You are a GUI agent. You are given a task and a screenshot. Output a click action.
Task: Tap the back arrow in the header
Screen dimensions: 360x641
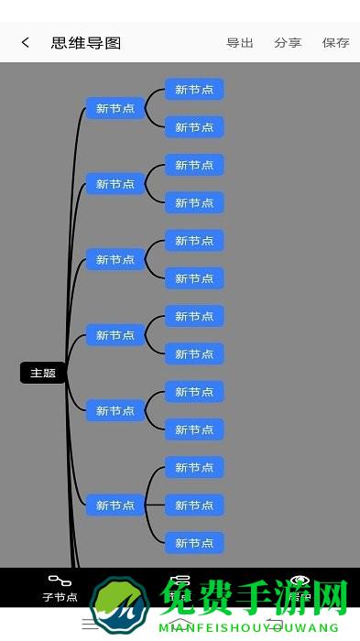(x=26, y=42)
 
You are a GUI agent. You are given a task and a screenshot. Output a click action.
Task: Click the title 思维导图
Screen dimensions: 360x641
(x=86, y=42)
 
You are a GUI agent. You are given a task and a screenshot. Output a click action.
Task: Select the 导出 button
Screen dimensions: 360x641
(x=240, y=42)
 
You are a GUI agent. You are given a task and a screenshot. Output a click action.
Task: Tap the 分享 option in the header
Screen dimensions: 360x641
(x=288, y=42)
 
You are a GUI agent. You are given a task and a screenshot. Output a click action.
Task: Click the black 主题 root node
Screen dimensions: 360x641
(x=43, y=373)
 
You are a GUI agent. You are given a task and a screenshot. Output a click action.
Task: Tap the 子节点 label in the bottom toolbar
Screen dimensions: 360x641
(x=60, y=597)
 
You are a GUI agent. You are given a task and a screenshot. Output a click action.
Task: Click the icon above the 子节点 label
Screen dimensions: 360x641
(x=60, y=581)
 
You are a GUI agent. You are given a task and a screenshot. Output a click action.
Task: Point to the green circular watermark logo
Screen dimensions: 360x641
(x=120, y=607)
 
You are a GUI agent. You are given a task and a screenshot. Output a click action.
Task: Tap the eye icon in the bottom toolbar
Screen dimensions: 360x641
(x=300, y=581)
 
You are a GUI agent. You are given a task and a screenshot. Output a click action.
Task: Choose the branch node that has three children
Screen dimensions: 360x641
(x=115, y=505)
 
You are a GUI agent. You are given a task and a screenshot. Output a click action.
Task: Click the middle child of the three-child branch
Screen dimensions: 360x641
(x=194, y=505)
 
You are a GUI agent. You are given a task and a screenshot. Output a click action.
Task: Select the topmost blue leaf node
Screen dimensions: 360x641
(x=194, y=89)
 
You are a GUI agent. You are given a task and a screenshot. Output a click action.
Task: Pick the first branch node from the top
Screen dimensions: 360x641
(x=115, y=108)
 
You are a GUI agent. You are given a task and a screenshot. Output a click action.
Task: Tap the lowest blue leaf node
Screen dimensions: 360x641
(x=194, y=543)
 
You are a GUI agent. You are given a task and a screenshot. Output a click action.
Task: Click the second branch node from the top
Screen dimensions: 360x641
(x=115, y=184)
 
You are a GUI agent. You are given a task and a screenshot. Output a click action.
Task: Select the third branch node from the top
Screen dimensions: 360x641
(x=115, y=259)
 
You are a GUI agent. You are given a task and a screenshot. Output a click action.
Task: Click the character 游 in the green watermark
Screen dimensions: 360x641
(x=283, y=600)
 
